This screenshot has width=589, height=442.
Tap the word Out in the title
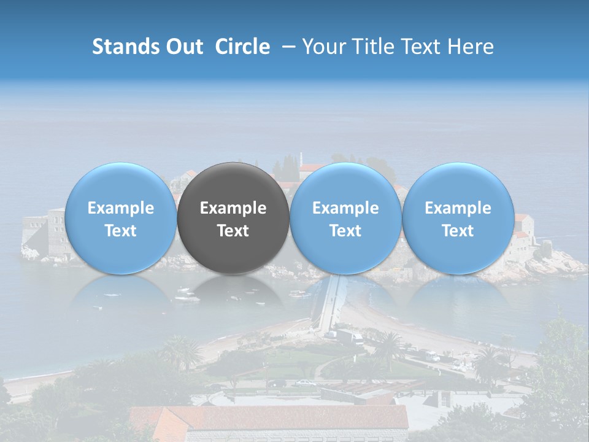point(183,47)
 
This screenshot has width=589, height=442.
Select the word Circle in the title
point(242,47)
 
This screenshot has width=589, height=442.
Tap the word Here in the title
point(471,47)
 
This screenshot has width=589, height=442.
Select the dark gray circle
point(233,219)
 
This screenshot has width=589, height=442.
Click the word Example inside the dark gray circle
point(233,208)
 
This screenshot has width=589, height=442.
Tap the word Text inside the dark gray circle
point(233,231)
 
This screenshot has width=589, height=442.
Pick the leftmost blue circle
point(120,219)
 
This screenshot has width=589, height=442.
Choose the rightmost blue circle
point(458,219)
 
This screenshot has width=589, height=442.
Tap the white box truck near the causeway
point(350,336)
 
